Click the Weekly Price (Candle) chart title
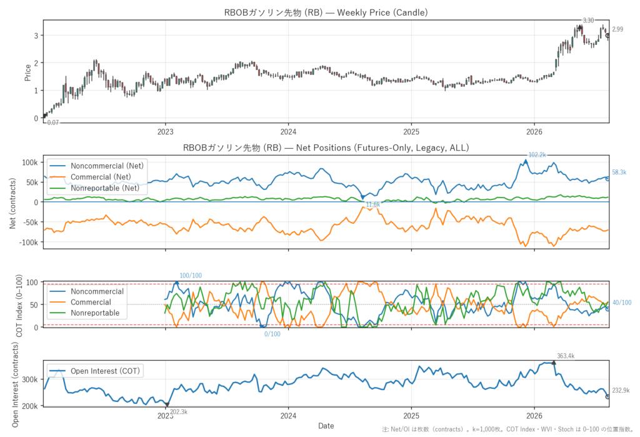click(326, 13)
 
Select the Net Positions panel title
click(326, 148)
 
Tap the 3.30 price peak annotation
click(588, 21)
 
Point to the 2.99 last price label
click(617, 29)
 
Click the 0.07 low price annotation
click(53, 123)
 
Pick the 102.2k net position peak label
click(537, 155)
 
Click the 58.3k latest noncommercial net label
click(619, 173)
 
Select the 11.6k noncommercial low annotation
click(372, 204)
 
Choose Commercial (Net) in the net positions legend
click(101, 177)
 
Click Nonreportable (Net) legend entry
click(105, 188)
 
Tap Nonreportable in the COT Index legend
click(95, 313)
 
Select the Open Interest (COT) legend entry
click(105, 371)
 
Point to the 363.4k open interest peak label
click(566, 356)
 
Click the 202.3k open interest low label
click(179, 411)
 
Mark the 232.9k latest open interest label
click(621, 391)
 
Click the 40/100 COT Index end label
click(622, 303)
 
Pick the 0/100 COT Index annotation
click(272, 334)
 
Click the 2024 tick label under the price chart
click(288, 132)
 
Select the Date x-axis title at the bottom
click(326, 426)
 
